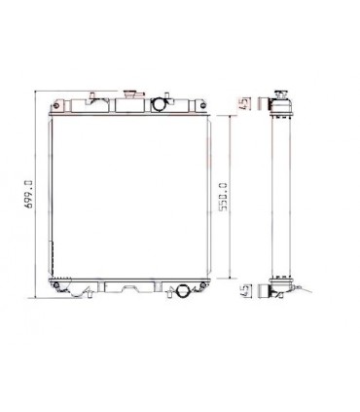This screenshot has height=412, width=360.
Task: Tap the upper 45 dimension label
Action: (244, 102)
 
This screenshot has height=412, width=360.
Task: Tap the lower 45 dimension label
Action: (244, 290)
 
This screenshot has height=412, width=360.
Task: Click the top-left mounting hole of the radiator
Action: (60, 103)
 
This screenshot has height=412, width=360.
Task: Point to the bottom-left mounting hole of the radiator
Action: (60, 284)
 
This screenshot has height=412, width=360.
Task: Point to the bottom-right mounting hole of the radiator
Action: (201, 284)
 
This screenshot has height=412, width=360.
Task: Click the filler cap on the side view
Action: (283, 94)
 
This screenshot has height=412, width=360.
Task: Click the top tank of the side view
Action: (282, 108)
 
